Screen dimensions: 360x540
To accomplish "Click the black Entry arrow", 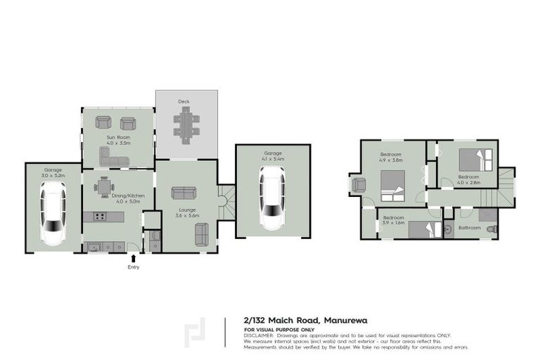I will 134,258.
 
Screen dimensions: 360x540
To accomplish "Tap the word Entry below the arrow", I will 134,267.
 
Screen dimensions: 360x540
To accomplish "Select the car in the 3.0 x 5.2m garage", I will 53,213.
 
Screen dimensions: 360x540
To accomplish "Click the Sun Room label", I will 117,137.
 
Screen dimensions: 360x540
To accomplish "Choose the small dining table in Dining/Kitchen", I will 104,186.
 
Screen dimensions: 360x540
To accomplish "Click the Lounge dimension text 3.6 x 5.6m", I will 187,215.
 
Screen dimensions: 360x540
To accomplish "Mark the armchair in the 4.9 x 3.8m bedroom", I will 359,186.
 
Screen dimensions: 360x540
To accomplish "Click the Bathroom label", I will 469,229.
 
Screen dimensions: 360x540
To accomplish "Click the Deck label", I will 184,102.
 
